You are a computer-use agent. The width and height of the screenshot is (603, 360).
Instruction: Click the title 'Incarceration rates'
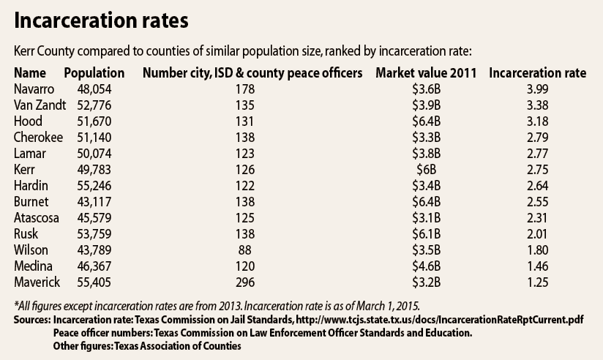click(x=101, y=22)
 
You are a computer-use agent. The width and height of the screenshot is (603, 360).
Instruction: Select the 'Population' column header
click(x=94, y=73)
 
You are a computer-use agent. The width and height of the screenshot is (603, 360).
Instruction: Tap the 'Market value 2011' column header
click(x=426, y=73)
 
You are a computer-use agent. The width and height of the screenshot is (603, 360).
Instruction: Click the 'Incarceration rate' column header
click(x=537, y=73)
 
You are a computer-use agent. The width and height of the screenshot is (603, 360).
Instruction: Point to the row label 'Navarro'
click(x=34, y=89)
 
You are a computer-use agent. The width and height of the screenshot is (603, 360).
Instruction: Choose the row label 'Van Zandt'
click(x=40, y=105)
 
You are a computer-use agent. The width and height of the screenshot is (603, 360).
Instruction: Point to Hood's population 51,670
click(x=94, y=121)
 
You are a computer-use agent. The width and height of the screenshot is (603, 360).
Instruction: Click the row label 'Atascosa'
click(x=37, y=217)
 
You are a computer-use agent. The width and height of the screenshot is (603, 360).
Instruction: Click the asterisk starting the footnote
click(x=16, y=306)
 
